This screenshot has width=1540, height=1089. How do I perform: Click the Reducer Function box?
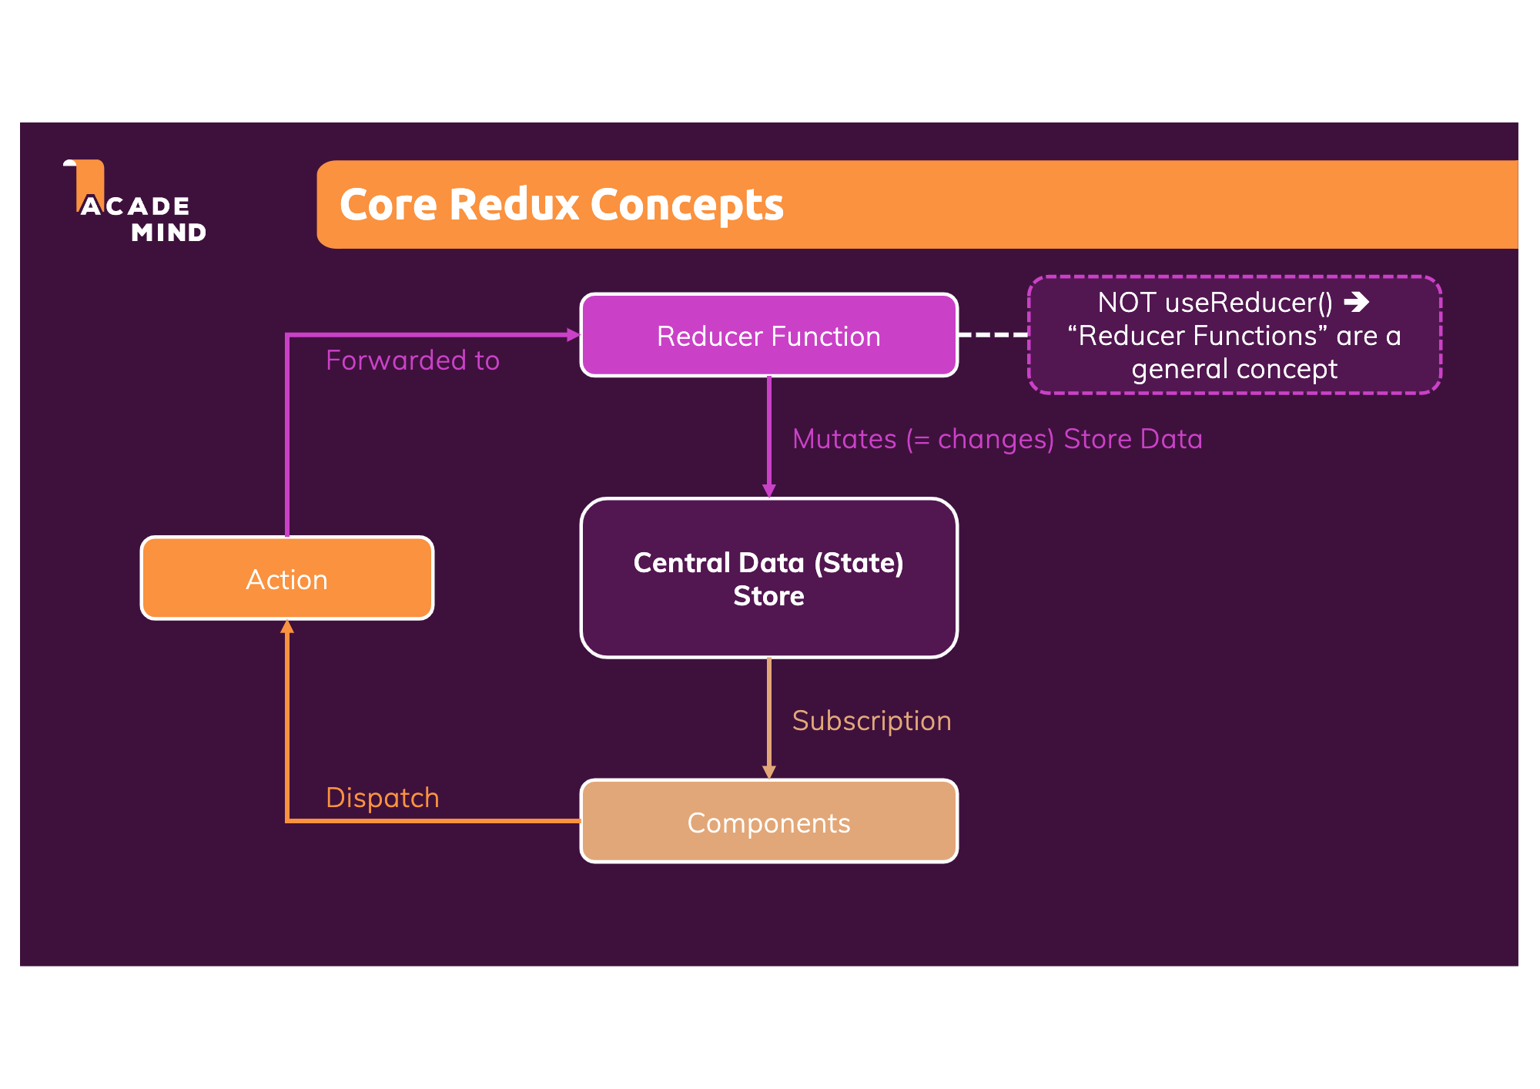tap(768, 336)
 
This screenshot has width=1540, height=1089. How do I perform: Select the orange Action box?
tap(286, 579)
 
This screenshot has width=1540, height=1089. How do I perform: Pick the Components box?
tap(768, 823)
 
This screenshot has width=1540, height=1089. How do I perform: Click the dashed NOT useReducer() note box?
tap(1234, 336)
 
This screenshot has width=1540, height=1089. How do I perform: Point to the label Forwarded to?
tap(412, 360)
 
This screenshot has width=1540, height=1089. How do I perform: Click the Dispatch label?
tap(382, 798)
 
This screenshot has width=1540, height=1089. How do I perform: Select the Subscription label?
tap(871, 721)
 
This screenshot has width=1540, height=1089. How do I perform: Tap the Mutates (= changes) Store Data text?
tap(996, 439)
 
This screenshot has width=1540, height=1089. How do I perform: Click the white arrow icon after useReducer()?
tap(1357, 302)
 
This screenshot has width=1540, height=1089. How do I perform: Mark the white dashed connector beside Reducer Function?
tap(993, 334)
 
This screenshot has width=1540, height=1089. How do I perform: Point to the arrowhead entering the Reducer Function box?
tap(573, 334)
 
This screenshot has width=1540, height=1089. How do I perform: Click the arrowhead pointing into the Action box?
tap(287, 627)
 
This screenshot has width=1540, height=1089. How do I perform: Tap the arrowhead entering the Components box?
tap(768, 772)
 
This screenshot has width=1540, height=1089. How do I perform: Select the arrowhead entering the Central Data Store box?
tap(768, 491)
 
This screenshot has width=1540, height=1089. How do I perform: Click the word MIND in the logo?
tap(169, 233)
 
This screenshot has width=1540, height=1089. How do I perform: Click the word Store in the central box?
tap(768, 596)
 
